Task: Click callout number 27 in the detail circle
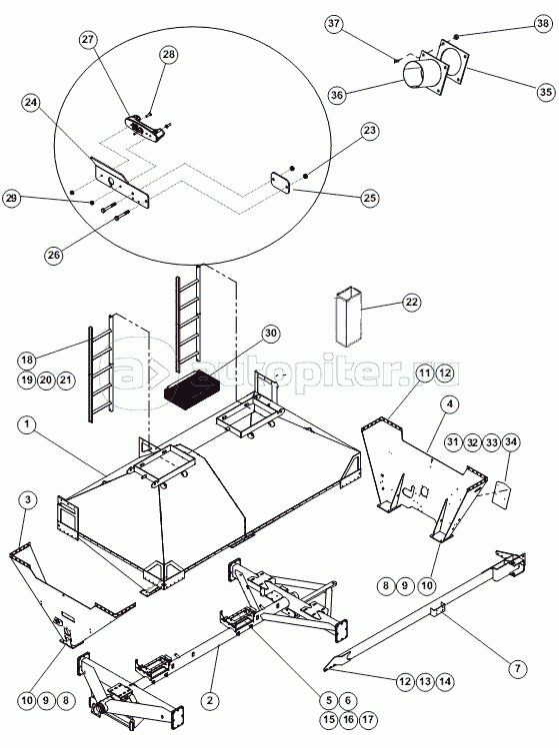coord(88,40)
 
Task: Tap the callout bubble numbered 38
coord(543,24)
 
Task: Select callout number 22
coord(411,302)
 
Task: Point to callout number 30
coord(270,333)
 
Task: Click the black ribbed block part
coord(192,392)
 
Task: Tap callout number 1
coord(27,424)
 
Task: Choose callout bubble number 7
coord(517,668)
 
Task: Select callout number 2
coord(210,701)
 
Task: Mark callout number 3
coord(28,500)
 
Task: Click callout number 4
coord(450,404)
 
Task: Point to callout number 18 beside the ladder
coord(27,360)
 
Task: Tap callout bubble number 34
coord(511,442)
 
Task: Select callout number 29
coord(11,198)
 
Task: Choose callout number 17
coord(367,719)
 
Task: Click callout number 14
coord(445,682)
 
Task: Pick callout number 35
coord(546,92)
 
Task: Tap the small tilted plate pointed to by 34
coord(502,495)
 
